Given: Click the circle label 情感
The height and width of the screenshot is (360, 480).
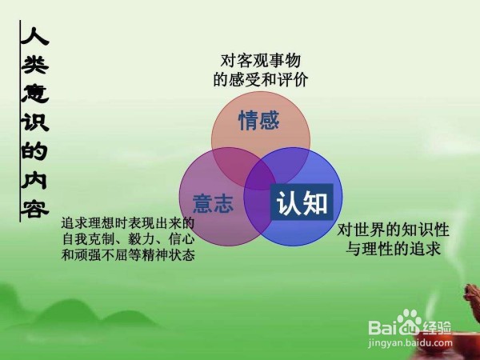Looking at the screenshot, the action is (259, 120).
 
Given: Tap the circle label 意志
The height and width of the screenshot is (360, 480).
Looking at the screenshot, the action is (213, 203).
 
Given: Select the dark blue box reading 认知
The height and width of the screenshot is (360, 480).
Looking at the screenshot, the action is (302, 202).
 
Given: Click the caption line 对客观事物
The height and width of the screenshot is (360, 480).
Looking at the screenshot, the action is (261, 61).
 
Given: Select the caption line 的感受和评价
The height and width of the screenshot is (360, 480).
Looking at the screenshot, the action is (261, 79).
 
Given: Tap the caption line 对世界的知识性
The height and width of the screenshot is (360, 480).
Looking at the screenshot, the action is (393, 230).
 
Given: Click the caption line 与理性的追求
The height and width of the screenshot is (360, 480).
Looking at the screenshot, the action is (393, 249).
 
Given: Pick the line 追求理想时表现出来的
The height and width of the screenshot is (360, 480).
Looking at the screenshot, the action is (128, 223).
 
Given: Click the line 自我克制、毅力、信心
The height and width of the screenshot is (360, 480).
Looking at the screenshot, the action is (128, 239).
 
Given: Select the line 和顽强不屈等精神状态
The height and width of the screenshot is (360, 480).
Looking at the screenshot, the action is (128, 255).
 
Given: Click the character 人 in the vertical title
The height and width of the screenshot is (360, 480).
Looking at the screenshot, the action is (34, 37).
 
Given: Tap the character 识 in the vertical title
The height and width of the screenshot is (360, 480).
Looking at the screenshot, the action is (34, 122).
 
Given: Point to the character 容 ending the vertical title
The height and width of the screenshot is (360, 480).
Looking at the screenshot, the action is (34, 209).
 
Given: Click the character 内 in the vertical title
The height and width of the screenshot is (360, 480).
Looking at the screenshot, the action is (34, 180).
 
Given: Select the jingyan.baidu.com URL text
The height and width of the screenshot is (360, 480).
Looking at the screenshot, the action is (410, 343).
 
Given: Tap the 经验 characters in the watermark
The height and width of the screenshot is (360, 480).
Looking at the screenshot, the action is (437, 327).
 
